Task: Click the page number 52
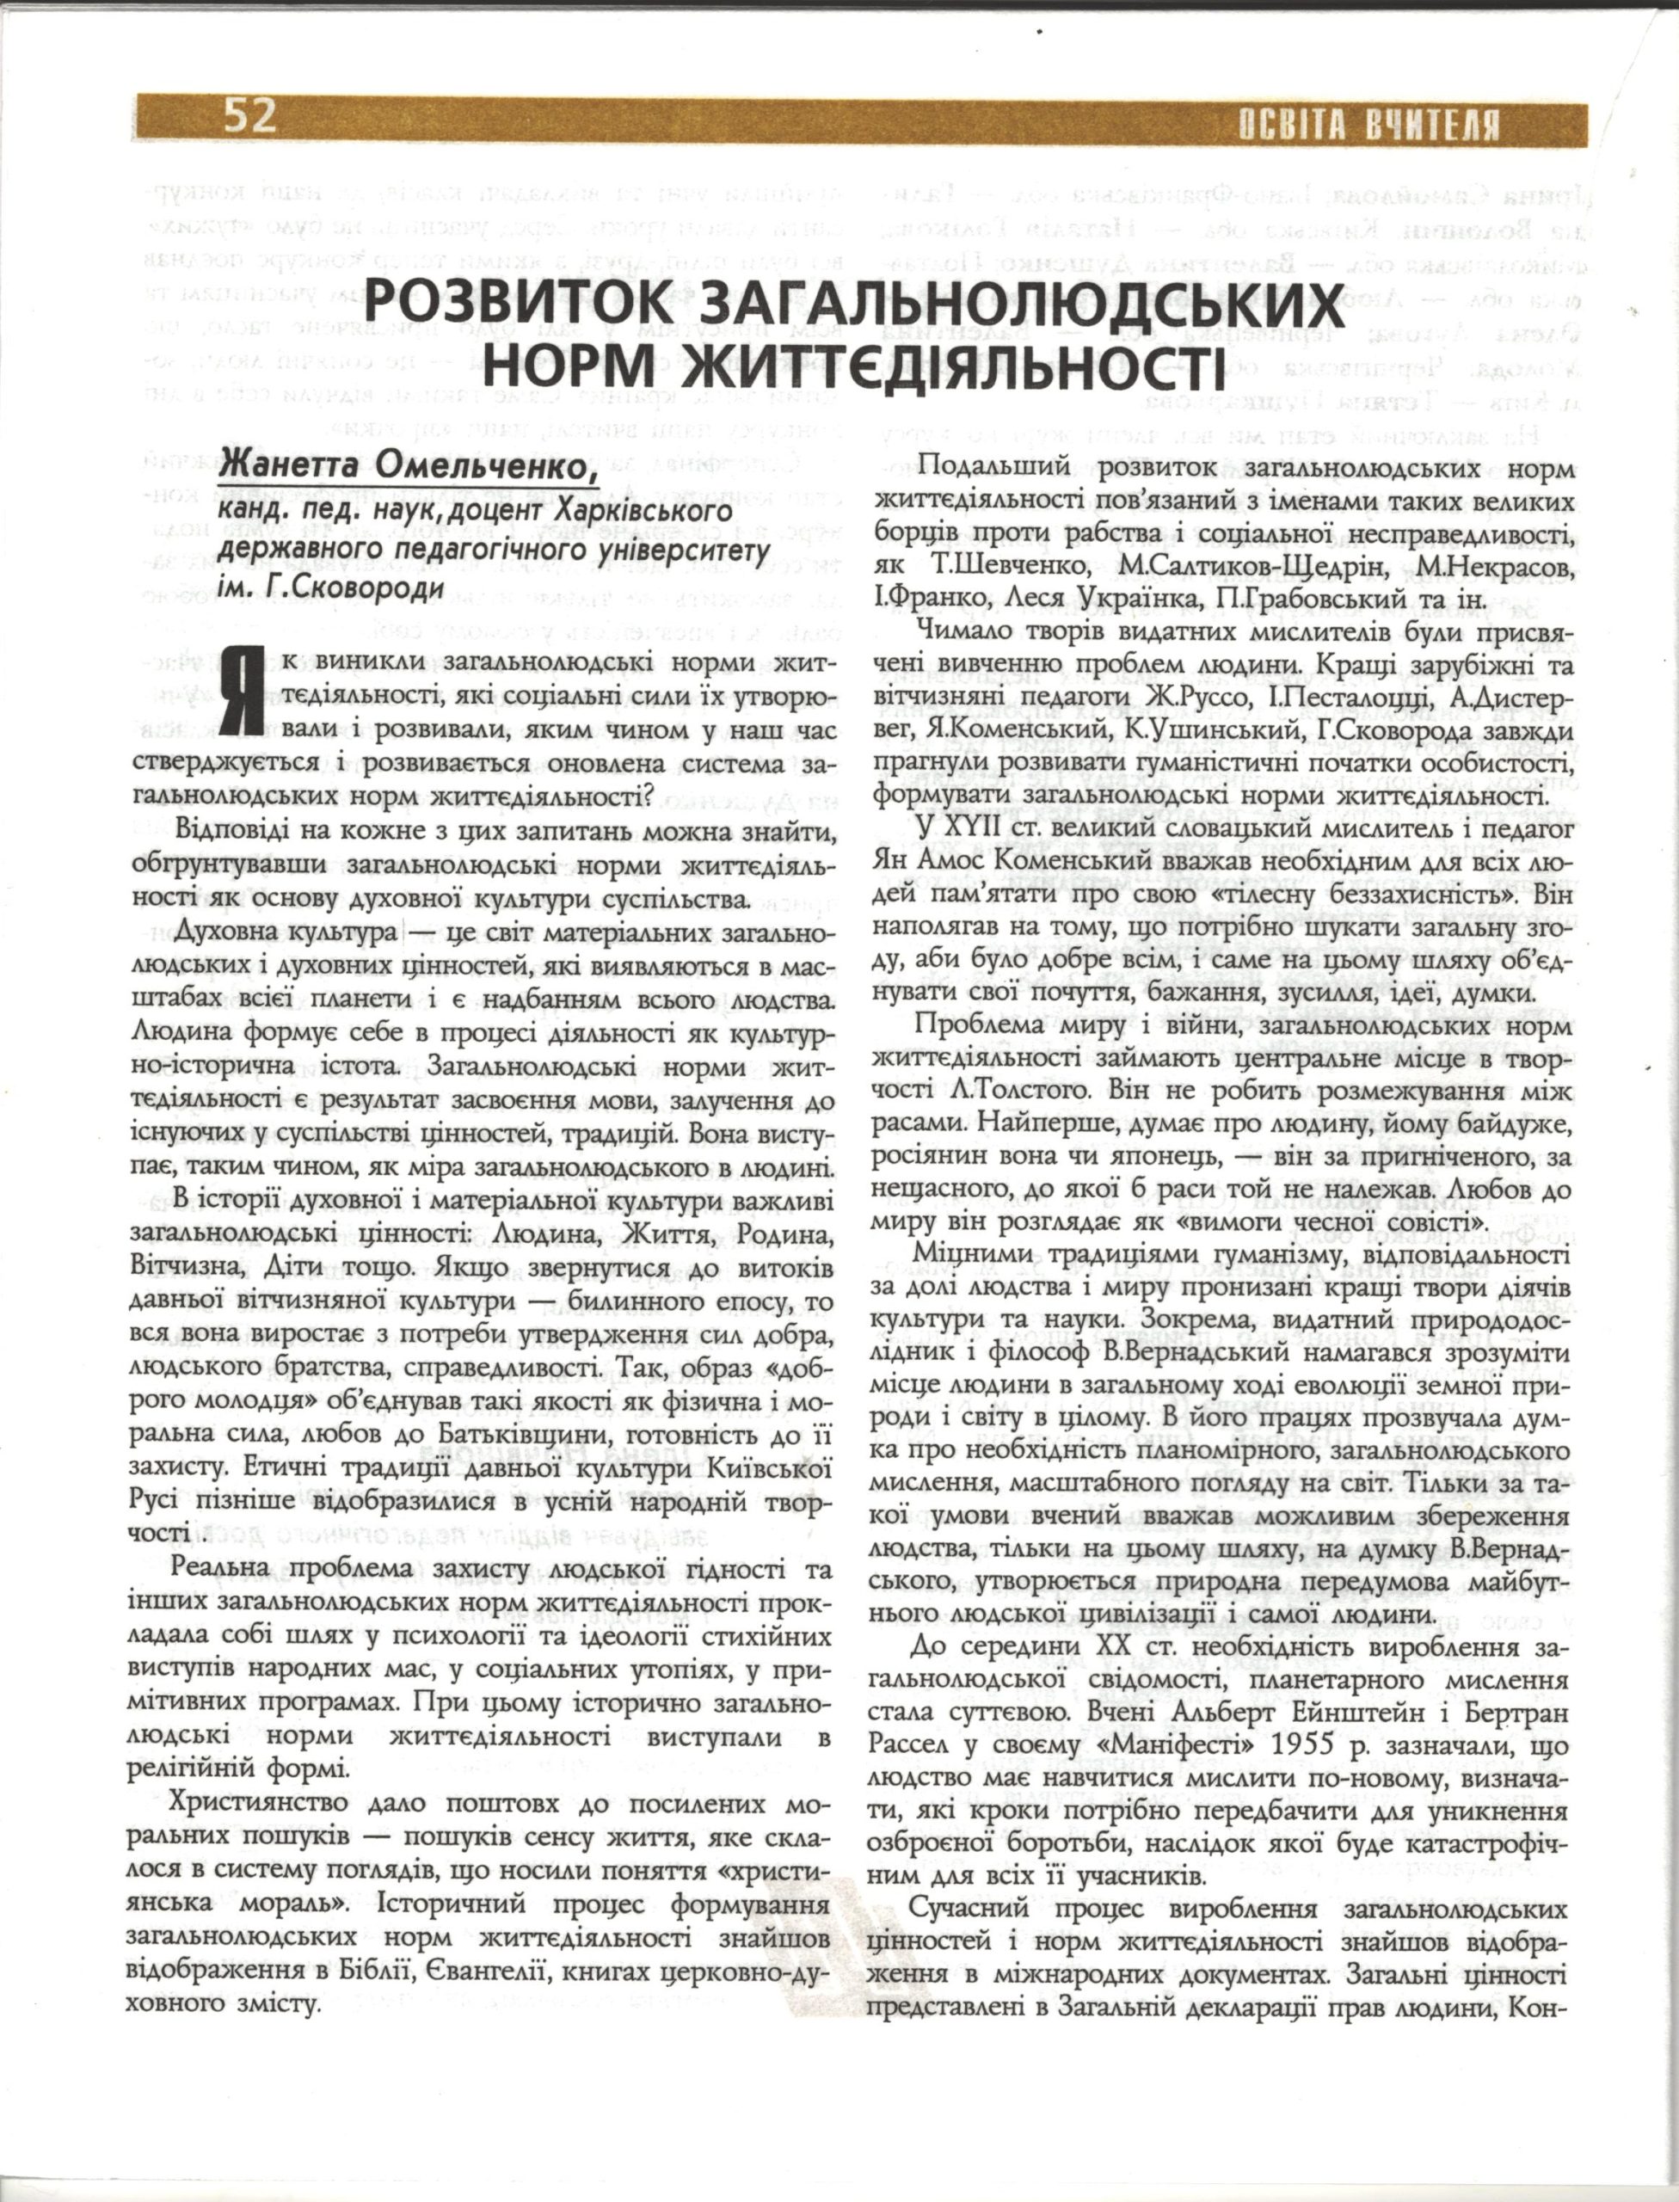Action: (249, 118)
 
